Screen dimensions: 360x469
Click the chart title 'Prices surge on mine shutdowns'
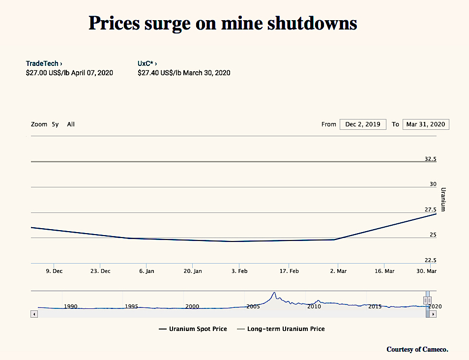[223, 23]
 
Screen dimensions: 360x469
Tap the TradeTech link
[44, 63]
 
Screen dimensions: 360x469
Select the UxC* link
[147, 63]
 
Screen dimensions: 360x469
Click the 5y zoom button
[55, 124]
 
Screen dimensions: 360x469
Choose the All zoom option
[71, 124]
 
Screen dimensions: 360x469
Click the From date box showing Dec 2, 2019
[363, 124]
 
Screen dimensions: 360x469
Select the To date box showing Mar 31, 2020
[425, 124]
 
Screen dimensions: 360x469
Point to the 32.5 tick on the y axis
[430, 159]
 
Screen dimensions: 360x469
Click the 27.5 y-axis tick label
[430, 210]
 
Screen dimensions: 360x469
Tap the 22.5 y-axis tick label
[430, 260]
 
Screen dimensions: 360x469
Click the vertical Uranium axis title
[443, 199]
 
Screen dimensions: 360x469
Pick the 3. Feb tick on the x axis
[239, 271]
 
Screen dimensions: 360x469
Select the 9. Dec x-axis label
[54, 271]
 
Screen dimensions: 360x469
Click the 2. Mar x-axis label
[338, 271]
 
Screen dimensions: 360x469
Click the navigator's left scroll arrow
[34, 314]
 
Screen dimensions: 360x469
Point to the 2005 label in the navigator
[253, 306]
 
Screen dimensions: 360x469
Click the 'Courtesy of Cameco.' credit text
[417, 349]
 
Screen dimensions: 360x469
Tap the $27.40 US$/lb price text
[184, 73]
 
